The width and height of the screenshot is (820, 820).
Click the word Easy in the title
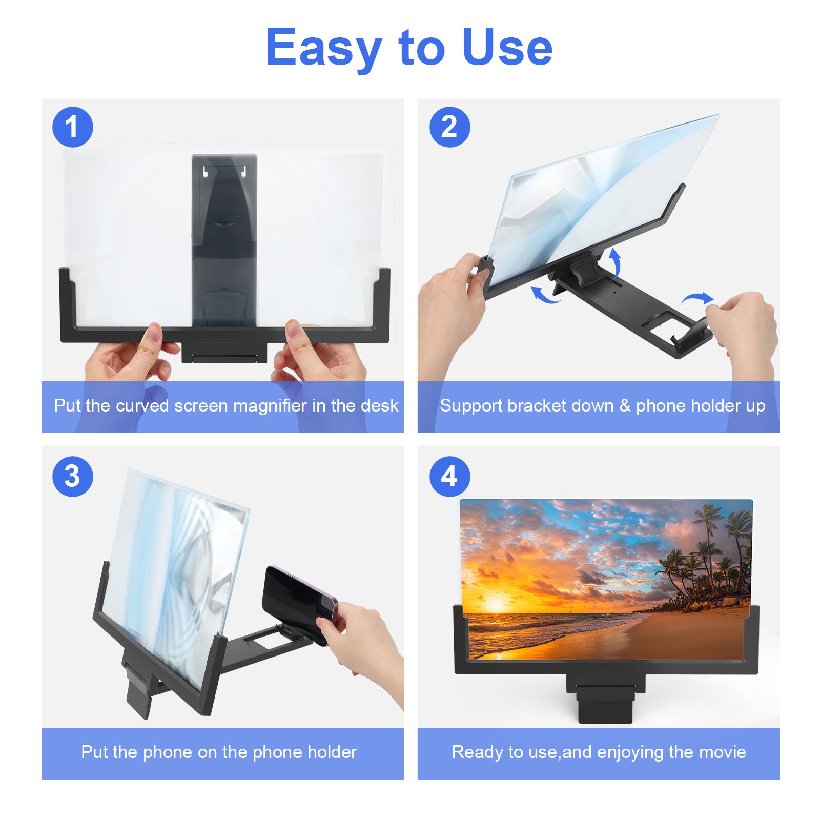point(324,48)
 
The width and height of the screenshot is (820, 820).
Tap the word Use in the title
point(507,48)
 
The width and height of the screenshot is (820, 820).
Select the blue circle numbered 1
point(73,127)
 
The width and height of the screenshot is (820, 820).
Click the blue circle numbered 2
point(449,127)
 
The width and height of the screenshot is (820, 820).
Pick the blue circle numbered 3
point(73,476)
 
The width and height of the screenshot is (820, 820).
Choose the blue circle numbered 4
point(449,476)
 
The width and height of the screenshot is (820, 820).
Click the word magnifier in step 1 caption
point(270,406)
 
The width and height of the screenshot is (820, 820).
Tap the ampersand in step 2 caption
point(625,406)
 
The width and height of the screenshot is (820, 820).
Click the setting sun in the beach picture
point(495,606)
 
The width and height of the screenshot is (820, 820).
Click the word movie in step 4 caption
point(723,752)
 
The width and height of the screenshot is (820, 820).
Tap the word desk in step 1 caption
point(379,406)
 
